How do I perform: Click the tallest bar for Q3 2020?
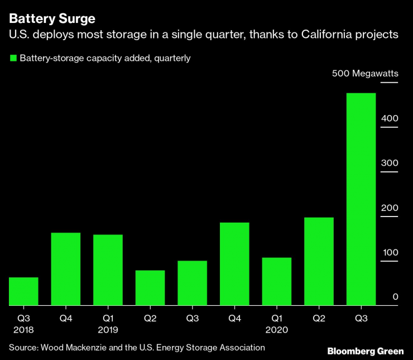coord(361,199)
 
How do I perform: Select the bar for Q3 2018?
coord(23,291)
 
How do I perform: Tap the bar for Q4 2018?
coord(66,269)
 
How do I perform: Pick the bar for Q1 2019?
coord(108,270)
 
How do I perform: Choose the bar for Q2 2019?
coord(150,288)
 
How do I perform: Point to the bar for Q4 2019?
coord(234,264)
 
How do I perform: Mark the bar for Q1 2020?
coord(276,281)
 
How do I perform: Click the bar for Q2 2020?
coord(319,261)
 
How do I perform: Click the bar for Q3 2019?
coord(192,283)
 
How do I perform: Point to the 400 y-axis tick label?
coord(390,118)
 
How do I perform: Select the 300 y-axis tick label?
coord(390,163)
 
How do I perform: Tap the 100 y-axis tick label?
coord(390,252)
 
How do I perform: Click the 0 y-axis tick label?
coord(395,297)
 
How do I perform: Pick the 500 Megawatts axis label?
coord(364,73)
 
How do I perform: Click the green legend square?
coord(12,58)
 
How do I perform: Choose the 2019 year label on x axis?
coord(108,330)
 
